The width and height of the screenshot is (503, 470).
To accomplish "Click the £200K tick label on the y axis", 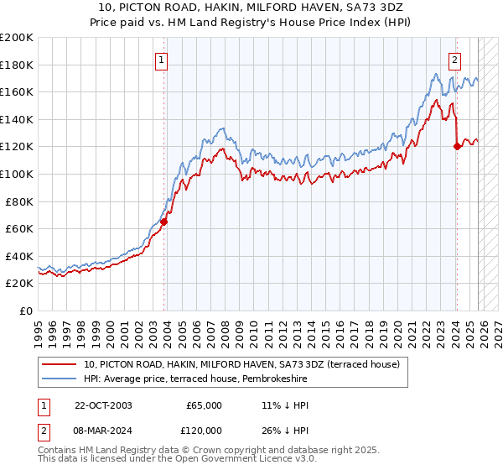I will tap(17, 38).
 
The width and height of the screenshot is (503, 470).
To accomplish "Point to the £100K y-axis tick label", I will tap(17, 174).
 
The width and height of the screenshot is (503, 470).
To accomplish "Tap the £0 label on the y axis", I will tap(26, 311).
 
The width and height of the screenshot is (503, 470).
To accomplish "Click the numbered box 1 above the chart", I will tap(160, 60).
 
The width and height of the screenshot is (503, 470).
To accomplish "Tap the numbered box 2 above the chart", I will tap(454, 60).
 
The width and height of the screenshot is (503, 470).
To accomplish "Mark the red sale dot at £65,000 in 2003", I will tap(164, 222).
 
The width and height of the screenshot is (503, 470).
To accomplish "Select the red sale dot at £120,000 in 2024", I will tap(457, 147).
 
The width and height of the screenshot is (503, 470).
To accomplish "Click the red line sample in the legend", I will tap(59, 364).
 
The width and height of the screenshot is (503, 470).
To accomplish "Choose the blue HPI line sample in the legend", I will tap(59, 379).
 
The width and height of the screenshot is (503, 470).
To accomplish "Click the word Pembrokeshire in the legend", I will tap(274, 379).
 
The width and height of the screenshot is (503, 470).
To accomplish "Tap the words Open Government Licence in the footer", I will tap(218, 460).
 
